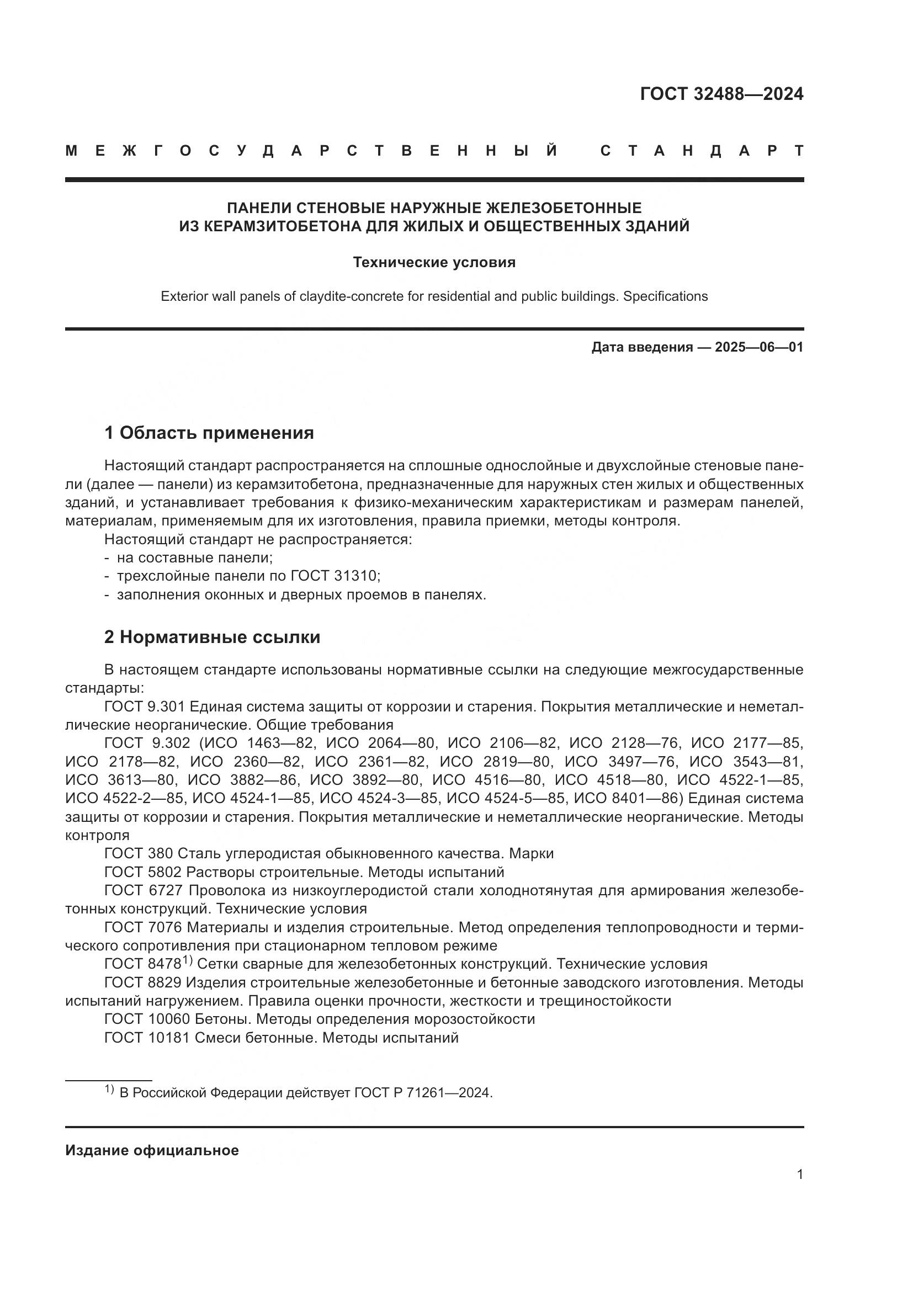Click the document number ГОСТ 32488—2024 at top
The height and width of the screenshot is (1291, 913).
tap(721, 94)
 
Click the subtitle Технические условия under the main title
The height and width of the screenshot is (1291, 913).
tap(434, 263)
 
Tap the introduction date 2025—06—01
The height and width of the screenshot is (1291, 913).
tap(759, 347)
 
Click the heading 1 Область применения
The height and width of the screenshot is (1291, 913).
tap(209, 433)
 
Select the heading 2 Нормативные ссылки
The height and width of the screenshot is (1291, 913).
tap(212, 637)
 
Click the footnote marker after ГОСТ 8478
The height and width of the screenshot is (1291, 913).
tap(187, 961)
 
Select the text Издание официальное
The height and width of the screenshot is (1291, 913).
tap(152, 1150)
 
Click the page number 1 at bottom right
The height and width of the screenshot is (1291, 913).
tap(799, 1174)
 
